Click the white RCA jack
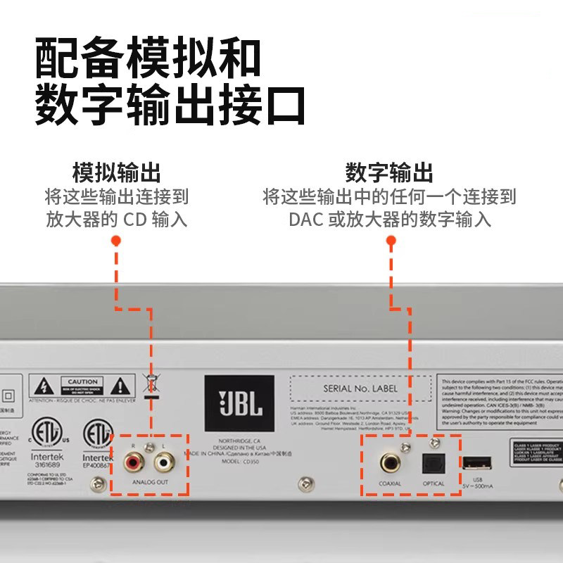coord(165,462)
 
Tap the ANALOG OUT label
coord(150,481)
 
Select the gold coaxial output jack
coord(390,462)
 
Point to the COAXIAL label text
coord(389,483)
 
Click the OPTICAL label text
coord(434,483)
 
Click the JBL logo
coord(240,403)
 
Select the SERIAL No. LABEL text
coord(360,388)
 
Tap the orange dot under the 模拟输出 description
coord(116,241)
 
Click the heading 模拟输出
coord(116,172)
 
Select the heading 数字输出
coord(389,172)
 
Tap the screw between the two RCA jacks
coord(148,448)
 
